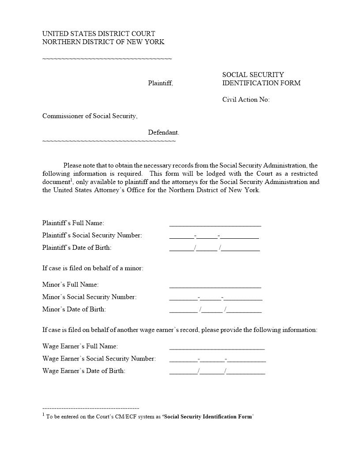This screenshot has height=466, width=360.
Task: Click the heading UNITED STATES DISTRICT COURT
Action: pyautogui.click(x=98, y=34)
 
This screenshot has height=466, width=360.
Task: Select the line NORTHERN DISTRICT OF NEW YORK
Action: pyautogui.click(x=103, y=42)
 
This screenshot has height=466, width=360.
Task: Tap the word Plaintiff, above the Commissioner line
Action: pyautogui.click(x=160, y=83)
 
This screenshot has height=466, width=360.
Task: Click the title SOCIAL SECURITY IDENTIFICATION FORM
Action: pyautogui.click(x=261, y=79)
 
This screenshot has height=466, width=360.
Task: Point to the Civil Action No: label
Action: pyautogui.click(x=246, y=100)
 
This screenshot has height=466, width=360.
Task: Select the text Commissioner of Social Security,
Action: pyautogui.click(x=90, y=116)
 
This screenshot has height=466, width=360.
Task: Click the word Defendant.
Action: pyautogui.click(x=163, y=132)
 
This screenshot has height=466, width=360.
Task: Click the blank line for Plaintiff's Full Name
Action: pyautogui.click(x=215, y=224)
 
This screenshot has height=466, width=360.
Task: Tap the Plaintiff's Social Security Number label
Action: pyautogui.click(x=92, y=235)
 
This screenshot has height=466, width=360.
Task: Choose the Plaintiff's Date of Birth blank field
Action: pyautogui.click(x=214, y=248)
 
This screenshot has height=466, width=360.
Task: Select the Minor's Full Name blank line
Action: pyautogui.click(x=215, y=285)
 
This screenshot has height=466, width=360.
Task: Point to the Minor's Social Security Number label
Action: pyautogui.click(x=90, y=297)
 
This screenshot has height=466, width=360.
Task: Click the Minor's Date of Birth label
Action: pyautogui.click(x=74, y=309)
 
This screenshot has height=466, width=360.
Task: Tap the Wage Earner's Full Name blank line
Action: pyautogui.click(x=217, y=347)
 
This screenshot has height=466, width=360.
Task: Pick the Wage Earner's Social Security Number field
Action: pyautogui.click(x=217, y=359)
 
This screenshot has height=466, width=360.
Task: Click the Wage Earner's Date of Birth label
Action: pyautogui.click(x=84, y=371)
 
